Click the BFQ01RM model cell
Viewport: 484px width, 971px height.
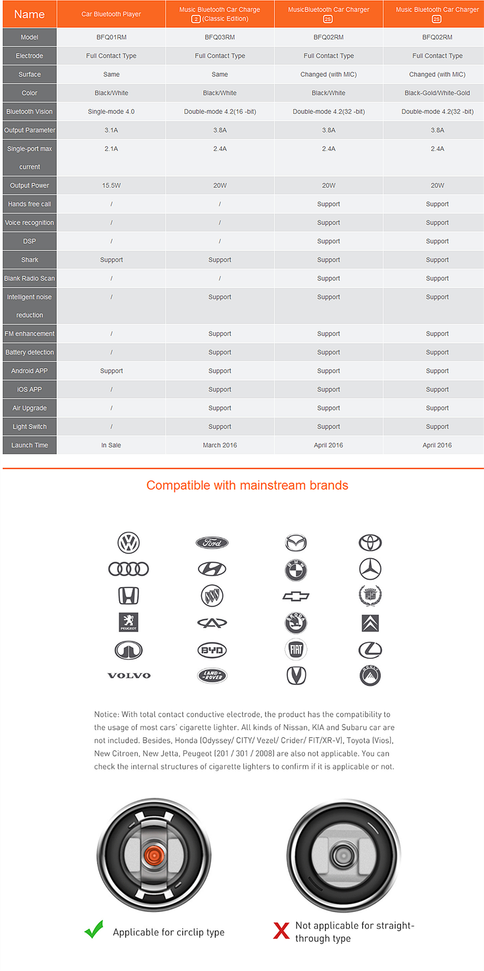pyautogui.click(x=111, y=37)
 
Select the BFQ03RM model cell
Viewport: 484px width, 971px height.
pyautogui.click(x=220, y=37)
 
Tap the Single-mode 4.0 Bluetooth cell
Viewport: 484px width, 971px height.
pyautogui.click(x=111, y=111)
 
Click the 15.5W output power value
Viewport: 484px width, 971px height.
pyautogui.click(x=111, y=185)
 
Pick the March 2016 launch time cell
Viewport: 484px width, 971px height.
pyautogui.click(x=220, y=445)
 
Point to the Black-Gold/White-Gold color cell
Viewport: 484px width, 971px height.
pyautogui.click(x=437, y=93)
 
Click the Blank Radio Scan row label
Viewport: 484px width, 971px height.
pyautogui.click(x=30, y=278)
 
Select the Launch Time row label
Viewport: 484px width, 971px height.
pyautogui.click(x=30, y=445)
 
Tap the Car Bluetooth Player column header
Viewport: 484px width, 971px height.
pyautogui.click(x=111, y=14)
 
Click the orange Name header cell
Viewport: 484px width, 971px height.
pyautogui.click(x=30, y=14)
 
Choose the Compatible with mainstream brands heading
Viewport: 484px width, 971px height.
pyautogui.click(x=247, y=485)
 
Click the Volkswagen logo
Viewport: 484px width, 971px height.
pyautogui.click(x=129, y=543)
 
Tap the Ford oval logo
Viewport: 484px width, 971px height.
pyautogui.click(x=212, y=543)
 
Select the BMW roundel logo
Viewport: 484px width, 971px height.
pyautogui.click(x=296, y=570)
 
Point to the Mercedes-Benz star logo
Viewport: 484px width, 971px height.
pyautogui.click(x=370, y=569)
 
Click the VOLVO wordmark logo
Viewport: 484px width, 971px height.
pyautogui.click(x=129, y=676)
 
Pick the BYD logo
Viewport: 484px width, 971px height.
pyautogui.click(x=212, y=650)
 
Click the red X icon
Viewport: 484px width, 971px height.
pyautogui.click(x=281, y=930)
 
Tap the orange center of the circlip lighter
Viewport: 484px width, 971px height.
pyautogui.click(x=154, y=855)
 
